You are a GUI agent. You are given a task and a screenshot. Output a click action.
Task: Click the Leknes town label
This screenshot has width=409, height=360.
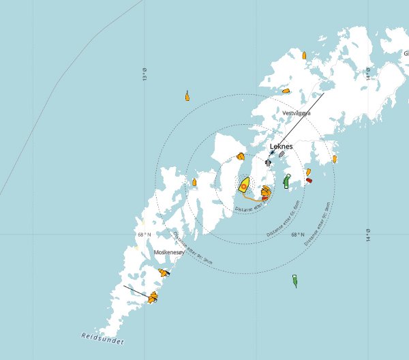(282, 146)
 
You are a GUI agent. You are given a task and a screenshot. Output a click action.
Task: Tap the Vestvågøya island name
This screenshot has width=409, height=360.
(296, 112)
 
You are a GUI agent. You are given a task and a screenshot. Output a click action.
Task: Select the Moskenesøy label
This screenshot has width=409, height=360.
(169, 252)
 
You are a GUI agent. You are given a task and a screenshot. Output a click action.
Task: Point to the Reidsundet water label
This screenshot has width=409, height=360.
(104, 337)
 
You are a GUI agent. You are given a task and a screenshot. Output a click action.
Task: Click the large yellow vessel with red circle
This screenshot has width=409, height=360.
(244, 184)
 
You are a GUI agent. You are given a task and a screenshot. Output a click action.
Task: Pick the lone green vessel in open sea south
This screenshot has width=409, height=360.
(295, 280)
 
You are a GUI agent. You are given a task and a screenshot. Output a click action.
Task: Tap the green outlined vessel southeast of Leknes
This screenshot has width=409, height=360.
(287, 181)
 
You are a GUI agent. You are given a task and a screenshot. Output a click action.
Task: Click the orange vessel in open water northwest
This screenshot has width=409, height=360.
(187, 96)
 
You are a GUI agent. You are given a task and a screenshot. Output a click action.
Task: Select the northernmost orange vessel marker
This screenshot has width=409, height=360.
(304, 55)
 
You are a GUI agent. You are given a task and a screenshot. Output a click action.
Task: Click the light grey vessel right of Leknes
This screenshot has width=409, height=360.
(282, 155)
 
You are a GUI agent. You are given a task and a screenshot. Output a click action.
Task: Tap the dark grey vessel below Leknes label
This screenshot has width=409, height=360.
(269, 162)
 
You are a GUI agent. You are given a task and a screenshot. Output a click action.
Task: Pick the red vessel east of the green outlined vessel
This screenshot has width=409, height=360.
(309, 181)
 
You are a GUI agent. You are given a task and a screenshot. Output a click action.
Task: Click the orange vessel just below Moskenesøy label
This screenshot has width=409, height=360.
(163, 272)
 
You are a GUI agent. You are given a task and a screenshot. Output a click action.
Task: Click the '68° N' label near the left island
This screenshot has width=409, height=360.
(142, 234)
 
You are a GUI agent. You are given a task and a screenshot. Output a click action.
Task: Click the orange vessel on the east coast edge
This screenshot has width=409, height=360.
(334, 159)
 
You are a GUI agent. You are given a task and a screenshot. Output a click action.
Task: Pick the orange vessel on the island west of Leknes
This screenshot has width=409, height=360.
(239, 157)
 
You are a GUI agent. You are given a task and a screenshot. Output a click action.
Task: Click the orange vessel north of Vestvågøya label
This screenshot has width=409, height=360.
(287, 89)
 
